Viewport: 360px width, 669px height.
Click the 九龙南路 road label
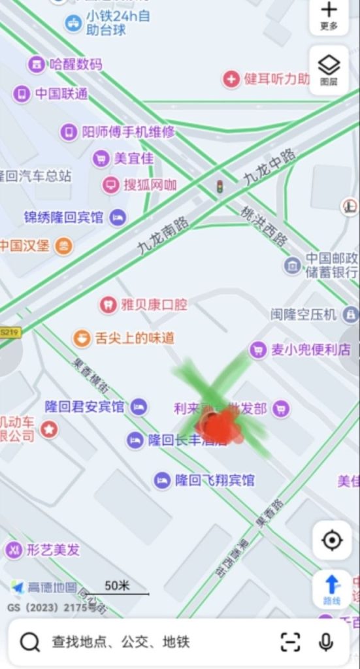click(163, 237)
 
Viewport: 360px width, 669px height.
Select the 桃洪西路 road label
click(264, 227)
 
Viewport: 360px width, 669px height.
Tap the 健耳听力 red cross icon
click(231, 80)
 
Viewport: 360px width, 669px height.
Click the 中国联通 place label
click(61, 94)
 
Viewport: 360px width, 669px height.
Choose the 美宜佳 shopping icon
click(101, 158)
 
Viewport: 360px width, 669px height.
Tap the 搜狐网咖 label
click(150, 185)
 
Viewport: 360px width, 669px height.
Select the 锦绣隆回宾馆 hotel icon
click(118, 218)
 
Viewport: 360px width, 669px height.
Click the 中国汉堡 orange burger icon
click(63, 246)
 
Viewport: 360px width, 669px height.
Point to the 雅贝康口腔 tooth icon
click(107, 304)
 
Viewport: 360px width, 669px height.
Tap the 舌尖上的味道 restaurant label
click(135, 338)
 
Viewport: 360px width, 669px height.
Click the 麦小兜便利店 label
click(310, 350)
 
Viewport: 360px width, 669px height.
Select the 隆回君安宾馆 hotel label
click(84, 407)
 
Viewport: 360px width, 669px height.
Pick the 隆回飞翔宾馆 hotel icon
click(162, 481)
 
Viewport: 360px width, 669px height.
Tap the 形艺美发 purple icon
click(14, 550)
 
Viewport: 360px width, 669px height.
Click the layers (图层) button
click(329, 69)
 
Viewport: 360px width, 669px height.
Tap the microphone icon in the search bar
click(326, 642)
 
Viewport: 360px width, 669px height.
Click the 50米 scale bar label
click(117, 585)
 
